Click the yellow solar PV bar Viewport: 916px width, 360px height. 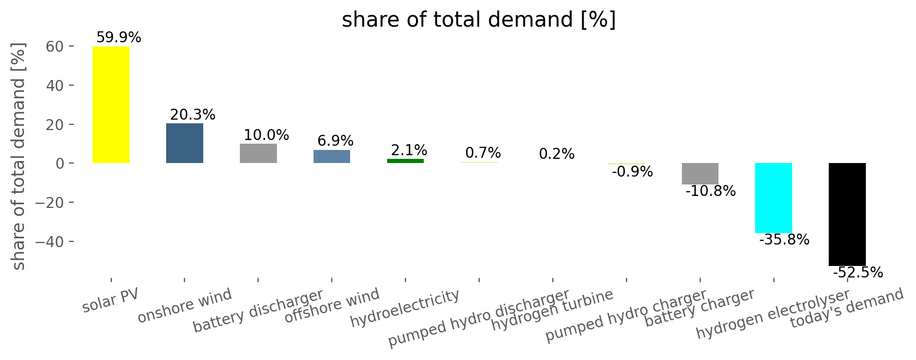[111, 104]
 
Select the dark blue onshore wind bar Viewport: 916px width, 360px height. [184, 143]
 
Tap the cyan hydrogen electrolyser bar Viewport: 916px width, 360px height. [773, 198]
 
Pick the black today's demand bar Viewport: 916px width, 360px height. [847, 214]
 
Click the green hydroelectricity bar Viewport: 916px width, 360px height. [405, 161]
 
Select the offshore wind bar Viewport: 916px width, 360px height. [332, 156]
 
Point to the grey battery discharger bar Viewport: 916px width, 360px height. [258, 153]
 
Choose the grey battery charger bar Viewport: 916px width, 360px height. [700, 173]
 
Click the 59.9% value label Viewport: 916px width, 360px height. [119, 38]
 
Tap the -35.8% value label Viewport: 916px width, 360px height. [784, 240]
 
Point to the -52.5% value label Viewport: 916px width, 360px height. [857, 273]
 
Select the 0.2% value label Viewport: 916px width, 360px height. [556, 154]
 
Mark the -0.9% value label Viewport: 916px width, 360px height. [632, 171]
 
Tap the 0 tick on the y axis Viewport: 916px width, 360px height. [61, 164]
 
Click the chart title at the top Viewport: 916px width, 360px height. [479, 20]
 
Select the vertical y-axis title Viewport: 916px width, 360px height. [19, 157]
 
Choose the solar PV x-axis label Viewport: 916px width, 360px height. [110, 300]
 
